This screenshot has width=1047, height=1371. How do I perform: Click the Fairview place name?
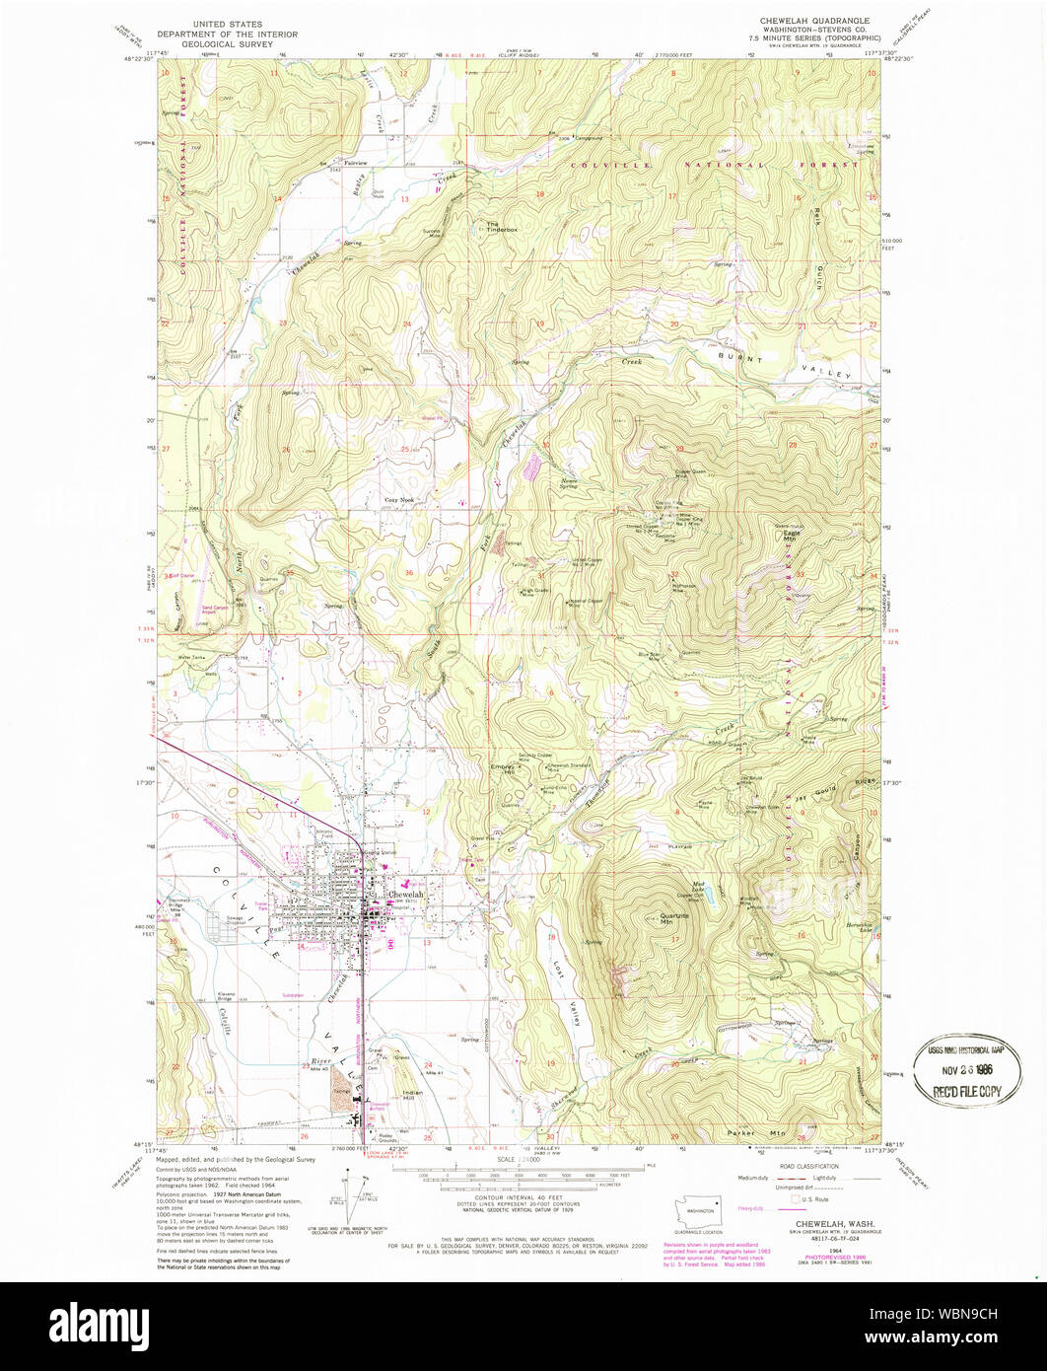(x=355, y=162)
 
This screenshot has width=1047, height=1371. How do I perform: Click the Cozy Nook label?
(x=399, y=500)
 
